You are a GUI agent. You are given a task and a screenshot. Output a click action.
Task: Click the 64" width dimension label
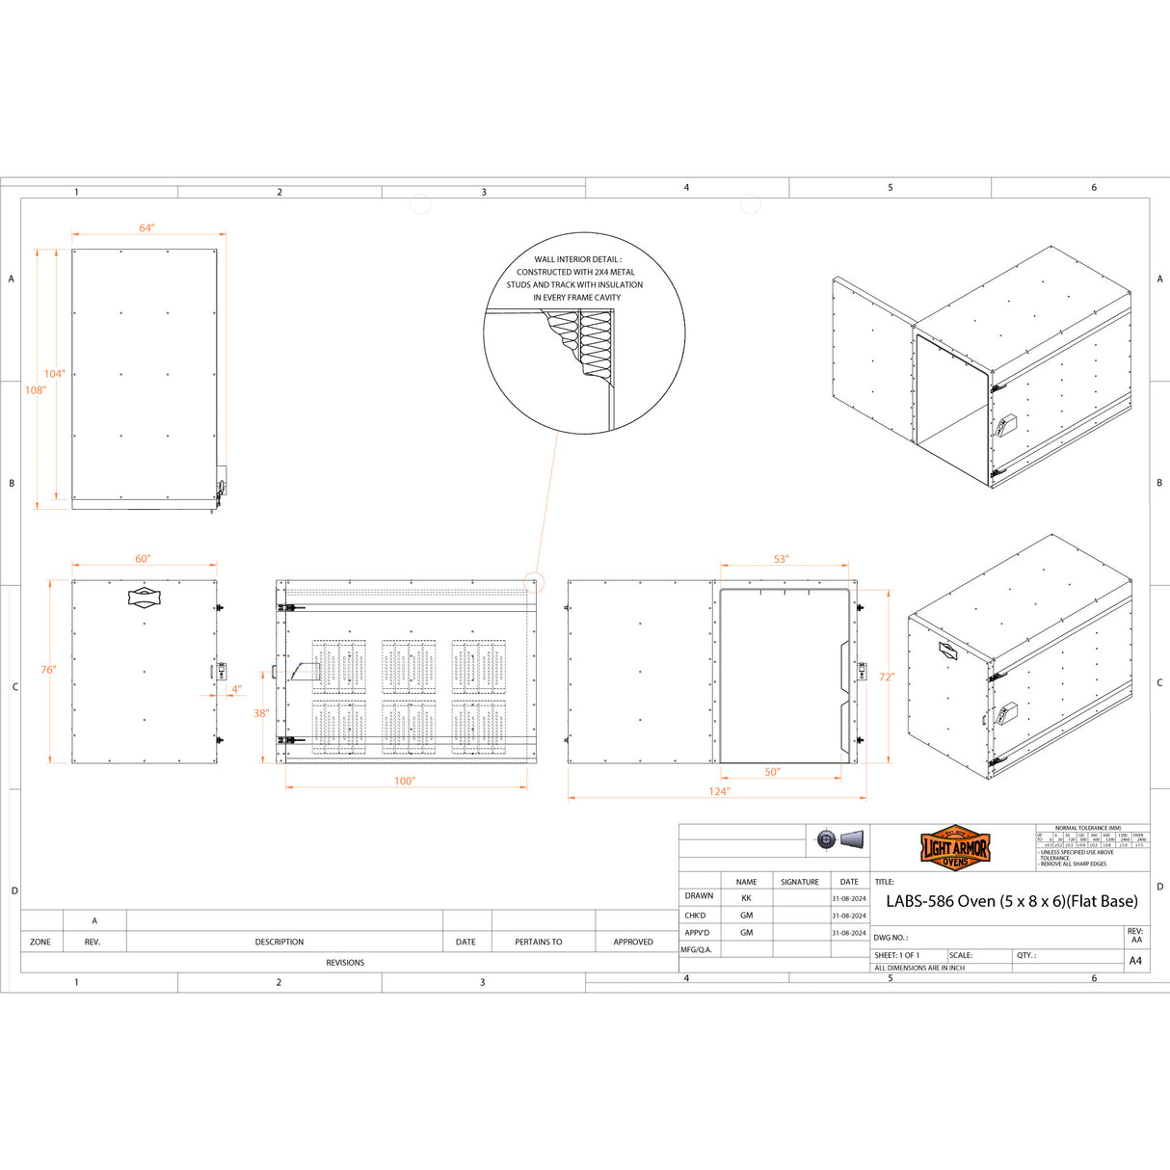click(x=146, y=228)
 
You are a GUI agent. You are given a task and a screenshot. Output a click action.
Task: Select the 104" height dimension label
click(x=54, y=374)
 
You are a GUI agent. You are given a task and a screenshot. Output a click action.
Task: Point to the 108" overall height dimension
click(x=36, y=390)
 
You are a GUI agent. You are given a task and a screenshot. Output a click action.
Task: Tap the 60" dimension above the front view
click(x=143, y=559)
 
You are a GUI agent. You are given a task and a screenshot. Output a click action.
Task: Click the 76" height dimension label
click(x=48, y=670)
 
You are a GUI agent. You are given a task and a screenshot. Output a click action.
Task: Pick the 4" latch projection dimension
click(x=236, y=689)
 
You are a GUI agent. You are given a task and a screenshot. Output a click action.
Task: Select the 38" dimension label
click(x=261, y=713)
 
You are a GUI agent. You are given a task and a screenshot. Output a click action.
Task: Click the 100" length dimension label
click(x=405, y=781)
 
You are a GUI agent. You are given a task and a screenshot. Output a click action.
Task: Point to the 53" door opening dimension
click(x=781, y=559)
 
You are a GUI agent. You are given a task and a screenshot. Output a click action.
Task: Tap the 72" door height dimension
click(x=887, y=677)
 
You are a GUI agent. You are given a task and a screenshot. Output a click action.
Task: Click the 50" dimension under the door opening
click(x=773, y=772)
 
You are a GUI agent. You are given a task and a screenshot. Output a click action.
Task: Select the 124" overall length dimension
click(x=719, y=791)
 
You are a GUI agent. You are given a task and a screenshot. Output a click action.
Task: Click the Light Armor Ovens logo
click(x=954, y=848)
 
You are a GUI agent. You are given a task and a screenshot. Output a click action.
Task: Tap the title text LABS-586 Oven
click(x=1011, y=902)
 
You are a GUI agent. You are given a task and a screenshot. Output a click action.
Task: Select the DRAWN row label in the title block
click(x=699, y=896)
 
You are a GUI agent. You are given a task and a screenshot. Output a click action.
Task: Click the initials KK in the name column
click(x=746, y=897)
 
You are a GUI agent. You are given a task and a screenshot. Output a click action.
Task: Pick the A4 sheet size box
click(x=1135, y=961)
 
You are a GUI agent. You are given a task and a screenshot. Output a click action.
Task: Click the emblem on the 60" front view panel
click(x=144, y=597)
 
